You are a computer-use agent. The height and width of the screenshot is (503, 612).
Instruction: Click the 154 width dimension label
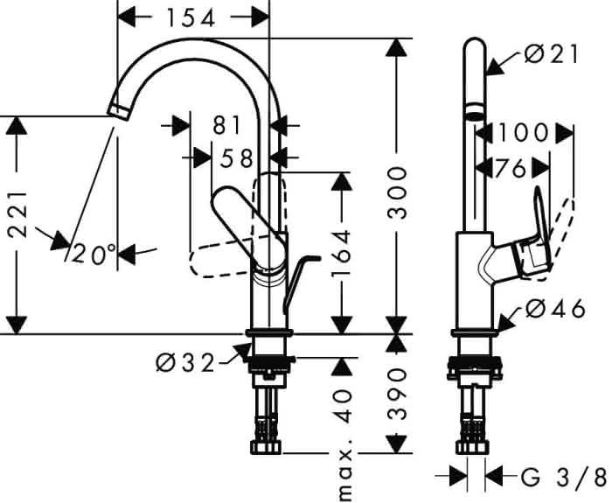191,18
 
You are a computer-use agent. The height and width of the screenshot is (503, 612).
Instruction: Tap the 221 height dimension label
18,214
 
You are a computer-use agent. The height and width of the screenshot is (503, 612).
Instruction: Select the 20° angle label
94,255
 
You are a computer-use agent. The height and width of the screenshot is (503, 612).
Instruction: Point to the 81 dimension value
227,125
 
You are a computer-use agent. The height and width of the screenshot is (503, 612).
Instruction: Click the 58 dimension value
236,158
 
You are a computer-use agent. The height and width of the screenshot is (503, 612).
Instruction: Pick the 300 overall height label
397,192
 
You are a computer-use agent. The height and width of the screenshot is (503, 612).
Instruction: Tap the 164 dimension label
342,254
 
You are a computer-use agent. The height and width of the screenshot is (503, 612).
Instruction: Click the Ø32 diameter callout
185,363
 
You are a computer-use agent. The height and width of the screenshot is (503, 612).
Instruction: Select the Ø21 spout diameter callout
550,54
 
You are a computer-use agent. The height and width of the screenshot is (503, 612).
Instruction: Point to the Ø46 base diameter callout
555,309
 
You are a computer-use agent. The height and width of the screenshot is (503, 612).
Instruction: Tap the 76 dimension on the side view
510,169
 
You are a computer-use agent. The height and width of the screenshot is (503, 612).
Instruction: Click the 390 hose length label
397,394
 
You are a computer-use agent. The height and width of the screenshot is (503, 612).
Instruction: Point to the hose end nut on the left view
266,448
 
